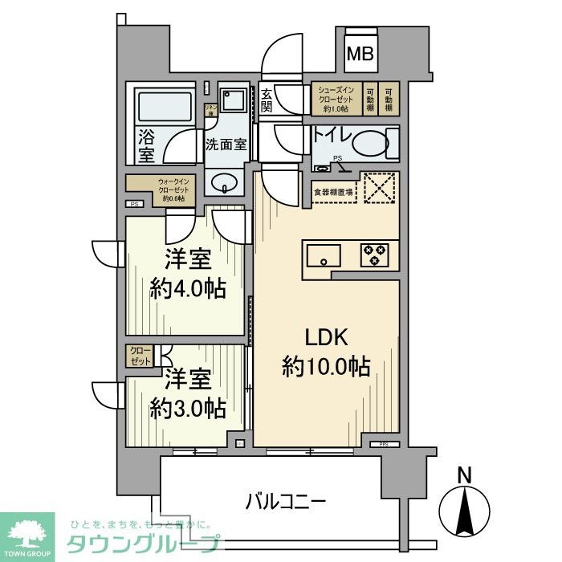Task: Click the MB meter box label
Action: (x=360, y=55)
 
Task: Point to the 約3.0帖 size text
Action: (x=188, y=407)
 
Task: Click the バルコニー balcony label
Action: (x=285, y=503)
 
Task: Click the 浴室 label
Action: (x=145, y=145)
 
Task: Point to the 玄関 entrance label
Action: (x=267, y=101)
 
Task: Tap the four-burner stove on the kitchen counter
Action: (x=374, y=255)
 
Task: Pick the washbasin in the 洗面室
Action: (x=225, y=183)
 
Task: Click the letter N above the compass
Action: (x=463, y=475)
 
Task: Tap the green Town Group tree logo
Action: (x=27, y=532)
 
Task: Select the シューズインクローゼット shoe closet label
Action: (x=336, y=99)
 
